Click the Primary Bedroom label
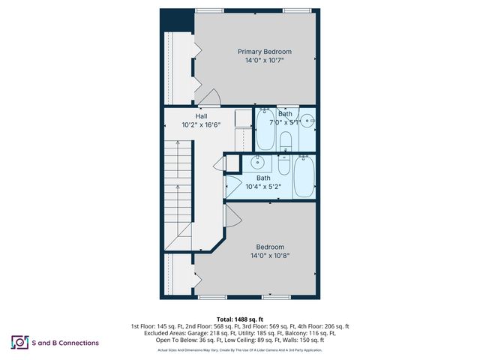coord(264,52)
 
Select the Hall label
coord(201,116)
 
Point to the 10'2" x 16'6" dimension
coord(201,125)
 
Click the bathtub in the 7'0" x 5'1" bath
coord(265,131)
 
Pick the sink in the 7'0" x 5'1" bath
coord(308,120)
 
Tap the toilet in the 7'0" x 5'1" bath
coord(285,140)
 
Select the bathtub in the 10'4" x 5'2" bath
coord(304,177)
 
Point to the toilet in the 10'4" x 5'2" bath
coord(284,165)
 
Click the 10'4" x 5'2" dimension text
coord(263,187)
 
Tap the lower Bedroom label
coord(269,247)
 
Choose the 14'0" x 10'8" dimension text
coord(269,256)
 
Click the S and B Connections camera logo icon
coord(19,342)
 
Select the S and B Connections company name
coord(65,343)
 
